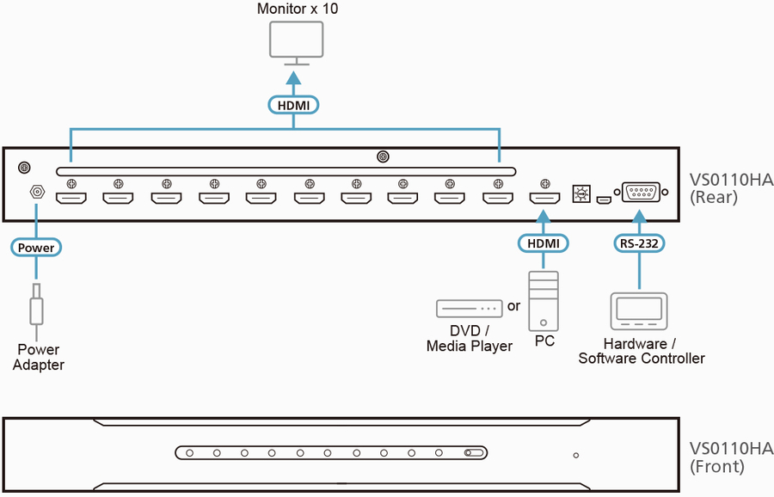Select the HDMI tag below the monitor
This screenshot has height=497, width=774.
[x=294, y=106]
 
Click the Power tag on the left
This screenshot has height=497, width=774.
[x=37, y=248]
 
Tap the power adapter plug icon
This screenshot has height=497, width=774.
[x=36, y=305]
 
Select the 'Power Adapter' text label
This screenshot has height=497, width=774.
[x=39, y=357]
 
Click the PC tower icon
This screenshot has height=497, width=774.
[x=544, y=301]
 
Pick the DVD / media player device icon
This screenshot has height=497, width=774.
[x=469, y=307]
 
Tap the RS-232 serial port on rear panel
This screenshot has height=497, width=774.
[x=639, y=193]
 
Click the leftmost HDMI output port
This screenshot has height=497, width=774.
[x=71, y=199]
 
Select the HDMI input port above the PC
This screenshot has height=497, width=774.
[x=544, y=199]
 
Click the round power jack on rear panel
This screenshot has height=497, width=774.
[x=37, y=193]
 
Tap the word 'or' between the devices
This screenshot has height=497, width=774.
[x=514, y=306]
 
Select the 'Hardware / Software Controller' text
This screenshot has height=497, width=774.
[x=641, y=351]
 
